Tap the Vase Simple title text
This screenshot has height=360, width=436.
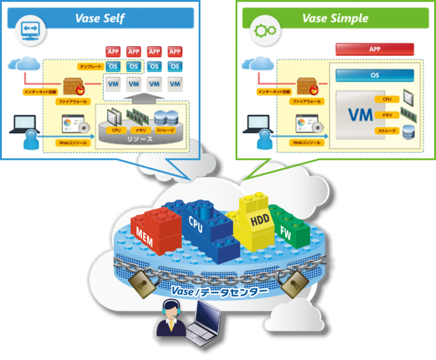click(x=334, y=18)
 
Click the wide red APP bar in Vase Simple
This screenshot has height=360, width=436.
click(x=375, y=49)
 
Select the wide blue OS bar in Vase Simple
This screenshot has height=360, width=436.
click(x=375, y=75)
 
